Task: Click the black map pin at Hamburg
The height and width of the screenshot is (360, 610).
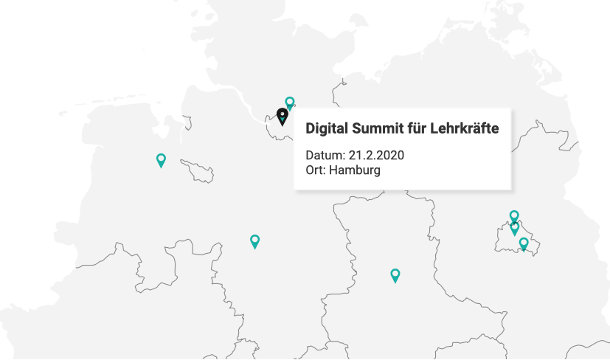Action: tap(282, 116)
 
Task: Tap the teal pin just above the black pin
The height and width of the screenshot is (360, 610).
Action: tap(290, 103)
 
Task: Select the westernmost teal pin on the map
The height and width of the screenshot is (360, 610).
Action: tap(161, 159)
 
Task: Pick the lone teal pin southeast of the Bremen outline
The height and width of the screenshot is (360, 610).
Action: tap(254, 240)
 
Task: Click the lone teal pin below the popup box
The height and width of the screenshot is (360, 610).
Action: tap(395, 275)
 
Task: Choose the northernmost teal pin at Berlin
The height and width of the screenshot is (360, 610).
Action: tap(514, 216)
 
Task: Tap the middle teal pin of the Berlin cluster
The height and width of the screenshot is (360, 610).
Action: tap(515, 228)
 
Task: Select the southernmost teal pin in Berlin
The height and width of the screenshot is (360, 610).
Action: tap(524, 243)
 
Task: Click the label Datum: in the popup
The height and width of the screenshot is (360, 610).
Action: tap(325, 156)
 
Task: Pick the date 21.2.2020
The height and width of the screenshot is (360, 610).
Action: tap(376, 156)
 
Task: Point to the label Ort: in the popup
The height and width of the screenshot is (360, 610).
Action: tap(316, 170)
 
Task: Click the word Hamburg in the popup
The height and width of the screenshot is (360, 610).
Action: tap(355, 170)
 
